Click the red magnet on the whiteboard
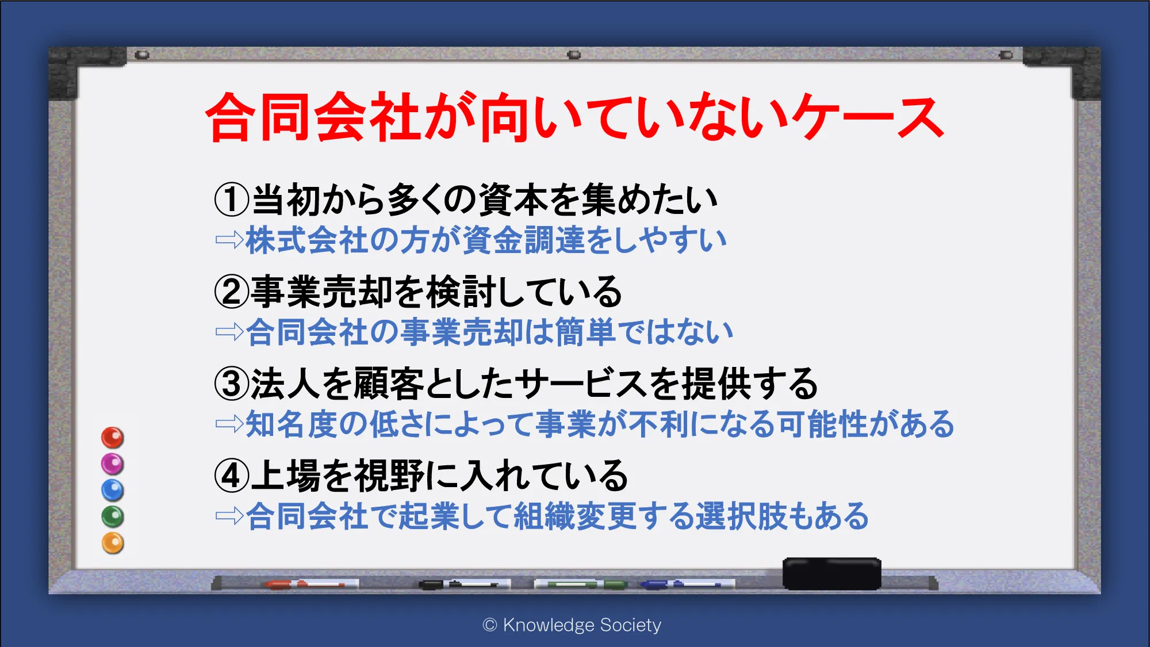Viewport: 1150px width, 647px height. (x=113, y=438)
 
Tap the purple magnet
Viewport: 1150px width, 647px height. (x=113, y=464)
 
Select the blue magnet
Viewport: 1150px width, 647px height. (x=113, y=491)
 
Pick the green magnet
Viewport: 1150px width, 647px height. (x=113, y=516)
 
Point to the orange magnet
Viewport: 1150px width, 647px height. (x=113, y=543)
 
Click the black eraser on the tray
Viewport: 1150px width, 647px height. (x=831, y=573)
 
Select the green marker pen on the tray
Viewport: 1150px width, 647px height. (x=581, y=584)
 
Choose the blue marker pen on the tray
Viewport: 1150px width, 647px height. (x=688, y=584)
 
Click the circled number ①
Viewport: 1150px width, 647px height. (x=232, y=200)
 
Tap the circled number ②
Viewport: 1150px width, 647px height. (x=232, y=292)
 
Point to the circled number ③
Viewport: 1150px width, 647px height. (x=232, y=384)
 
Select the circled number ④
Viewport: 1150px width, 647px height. (x=232, y=476)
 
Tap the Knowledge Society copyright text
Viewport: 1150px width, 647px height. (x=572, y=625)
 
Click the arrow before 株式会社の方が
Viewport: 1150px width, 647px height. (x=229, y=240)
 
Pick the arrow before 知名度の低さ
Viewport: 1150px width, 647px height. (x=229, y=424)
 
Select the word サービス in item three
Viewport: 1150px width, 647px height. (x=580, y=384)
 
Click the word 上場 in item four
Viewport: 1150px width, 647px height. (x=285, y=476)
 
